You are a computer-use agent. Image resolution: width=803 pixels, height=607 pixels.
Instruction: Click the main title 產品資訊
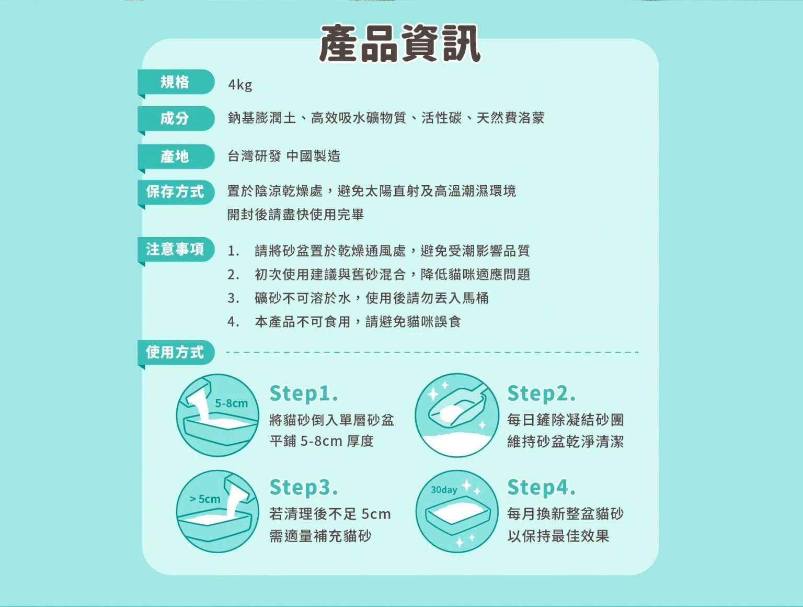(x=399, y=44)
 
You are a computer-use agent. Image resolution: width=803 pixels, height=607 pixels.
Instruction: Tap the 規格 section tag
(x=175, y=82)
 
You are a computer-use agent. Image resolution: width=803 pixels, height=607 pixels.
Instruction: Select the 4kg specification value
(x=240, y=85)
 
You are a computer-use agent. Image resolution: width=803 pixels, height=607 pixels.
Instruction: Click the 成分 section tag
(x=175, y=118)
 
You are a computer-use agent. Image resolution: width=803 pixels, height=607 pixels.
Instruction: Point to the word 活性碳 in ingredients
(x=441, y=118)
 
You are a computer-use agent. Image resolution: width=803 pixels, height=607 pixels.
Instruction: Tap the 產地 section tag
(x=175, y=156)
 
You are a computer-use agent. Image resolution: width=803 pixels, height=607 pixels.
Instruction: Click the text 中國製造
(x=313, y=156)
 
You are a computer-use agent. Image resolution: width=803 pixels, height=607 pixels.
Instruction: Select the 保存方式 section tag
(x=175, y=192)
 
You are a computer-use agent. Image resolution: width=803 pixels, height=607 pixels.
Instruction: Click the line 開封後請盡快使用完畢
(x=295, y=215)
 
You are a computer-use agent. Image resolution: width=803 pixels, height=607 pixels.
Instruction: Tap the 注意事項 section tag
(x=175, y=249)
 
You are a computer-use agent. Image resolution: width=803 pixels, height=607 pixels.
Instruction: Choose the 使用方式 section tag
(x=175, y=352)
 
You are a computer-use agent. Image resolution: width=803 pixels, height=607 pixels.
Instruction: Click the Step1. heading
(x=304, y=393)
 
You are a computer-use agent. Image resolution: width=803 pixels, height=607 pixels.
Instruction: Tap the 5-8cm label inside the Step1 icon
(x=232, y=403)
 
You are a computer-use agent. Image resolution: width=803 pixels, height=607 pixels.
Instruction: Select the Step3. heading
(x=304, y=487)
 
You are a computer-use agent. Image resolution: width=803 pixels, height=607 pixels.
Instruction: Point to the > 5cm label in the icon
(x=205, y=499)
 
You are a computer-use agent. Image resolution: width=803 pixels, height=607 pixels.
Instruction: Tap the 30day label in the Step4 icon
(x=444, y=490)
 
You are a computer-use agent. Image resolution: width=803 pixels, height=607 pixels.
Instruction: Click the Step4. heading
(x=541, y=487)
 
